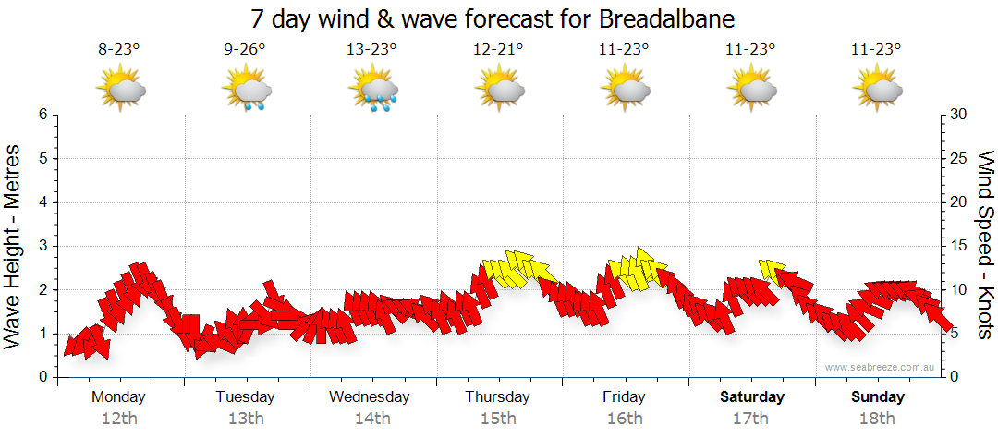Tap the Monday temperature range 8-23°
click(x=119, y=51)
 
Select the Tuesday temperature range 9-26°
click(x=245, y=51)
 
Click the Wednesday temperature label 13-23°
click(x=371, y=51)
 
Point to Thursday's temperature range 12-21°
click(x=497, y=51)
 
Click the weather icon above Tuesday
click(x=246, y=91)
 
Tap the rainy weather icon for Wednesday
click(x=372, y=91)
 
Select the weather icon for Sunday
click(x=876, y=91)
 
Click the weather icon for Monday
click(x=120, y=91)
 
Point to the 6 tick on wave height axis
click(x=43, y=115)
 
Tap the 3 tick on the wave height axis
click(x=43, y=246)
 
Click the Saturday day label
click(x=752, y=397)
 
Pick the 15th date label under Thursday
click(x=498, y=419)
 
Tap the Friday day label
click(x=624, y=397)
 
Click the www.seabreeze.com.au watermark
click(x=880, y=367)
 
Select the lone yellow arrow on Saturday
click(x=772, y=270)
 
